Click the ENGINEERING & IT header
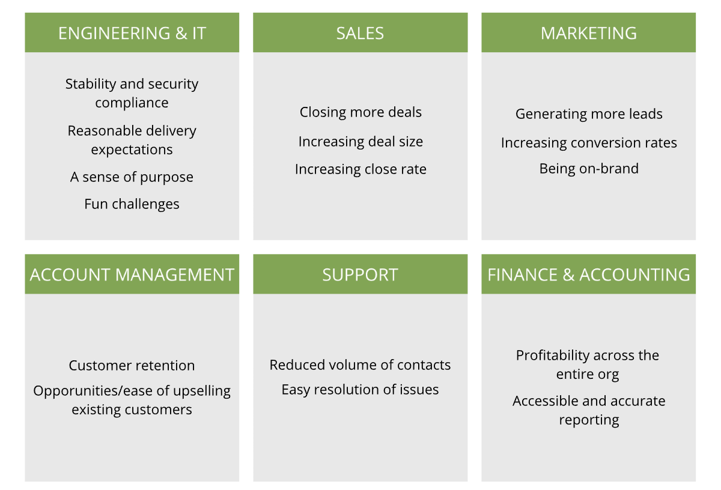point(132,33)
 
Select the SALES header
point(360,33)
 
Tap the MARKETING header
point(588,33)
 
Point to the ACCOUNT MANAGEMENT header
point(132,274)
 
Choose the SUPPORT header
point(360,274)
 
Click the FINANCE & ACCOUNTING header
point(588,274)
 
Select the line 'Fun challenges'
point(132,204)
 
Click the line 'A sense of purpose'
point(132,177)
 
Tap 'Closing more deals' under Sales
point(360,112)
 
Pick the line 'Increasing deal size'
point(360,142)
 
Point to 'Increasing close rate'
point(360,169)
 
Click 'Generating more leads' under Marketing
point(589,114)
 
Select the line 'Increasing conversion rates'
point(589,143)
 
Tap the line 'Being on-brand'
point(589,169)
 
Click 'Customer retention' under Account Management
point(132,366)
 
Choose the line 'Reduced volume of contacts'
point(360,365)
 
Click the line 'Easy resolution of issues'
point(360,390)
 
